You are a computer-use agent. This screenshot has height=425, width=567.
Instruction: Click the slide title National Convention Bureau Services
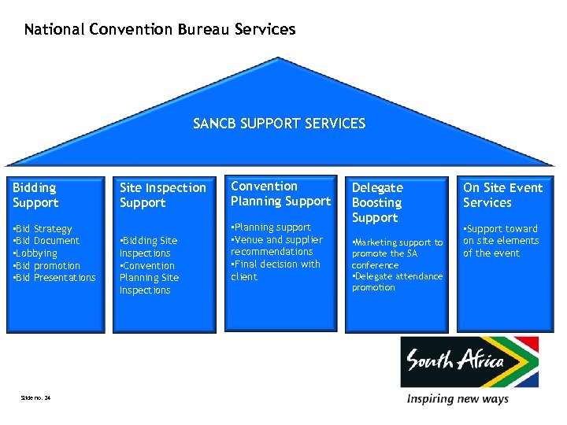(160, 30)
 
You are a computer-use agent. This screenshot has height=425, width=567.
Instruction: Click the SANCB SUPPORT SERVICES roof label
(279, 124)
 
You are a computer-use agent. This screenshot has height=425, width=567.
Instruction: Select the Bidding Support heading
(35, 195)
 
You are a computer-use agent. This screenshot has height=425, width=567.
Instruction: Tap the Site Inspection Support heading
(162, 195)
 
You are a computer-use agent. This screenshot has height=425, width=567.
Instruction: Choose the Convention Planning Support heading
(280, 194)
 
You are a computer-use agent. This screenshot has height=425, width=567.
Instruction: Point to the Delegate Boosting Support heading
(377, 202)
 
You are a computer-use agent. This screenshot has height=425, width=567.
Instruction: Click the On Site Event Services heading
(502, 195)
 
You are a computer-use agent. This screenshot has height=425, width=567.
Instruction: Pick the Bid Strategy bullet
(43, 228)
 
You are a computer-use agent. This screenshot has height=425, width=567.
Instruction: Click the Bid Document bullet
(46, 241)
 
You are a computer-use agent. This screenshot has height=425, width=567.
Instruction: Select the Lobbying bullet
(35, 253)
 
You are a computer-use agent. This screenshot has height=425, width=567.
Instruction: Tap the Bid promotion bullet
(47, 265)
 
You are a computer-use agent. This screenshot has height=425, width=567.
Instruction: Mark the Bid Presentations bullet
(54, 278)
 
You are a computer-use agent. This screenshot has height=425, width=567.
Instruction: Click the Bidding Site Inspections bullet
(149, 246)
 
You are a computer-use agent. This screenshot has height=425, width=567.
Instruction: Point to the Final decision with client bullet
(275, 270)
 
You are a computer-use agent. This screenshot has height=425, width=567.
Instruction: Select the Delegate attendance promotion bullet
(397, 282)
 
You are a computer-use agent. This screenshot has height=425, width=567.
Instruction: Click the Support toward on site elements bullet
(500, 241)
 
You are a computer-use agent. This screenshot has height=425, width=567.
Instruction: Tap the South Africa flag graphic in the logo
(517, 362)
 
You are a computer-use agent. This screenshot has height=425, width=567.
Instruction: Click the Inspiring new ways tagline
(458, 399)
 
